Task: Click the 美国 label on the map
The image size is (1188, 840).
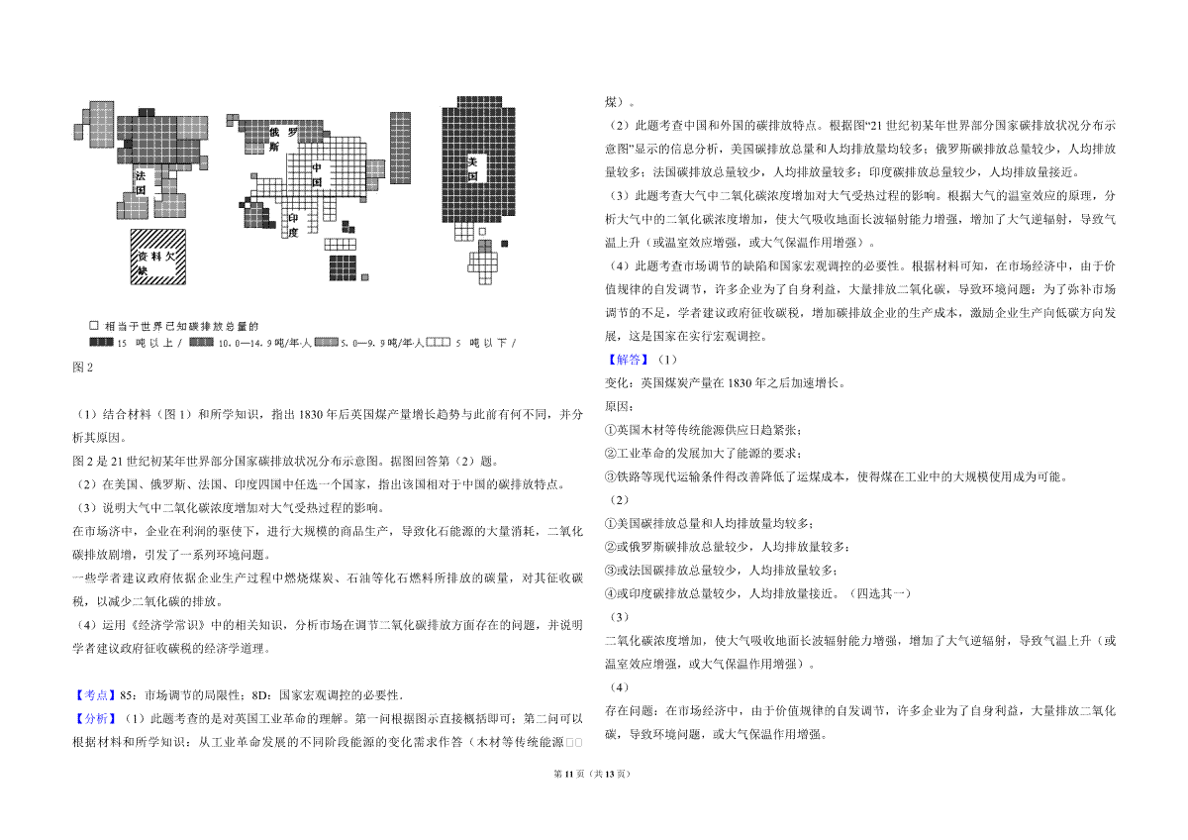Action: (x=472, y=168)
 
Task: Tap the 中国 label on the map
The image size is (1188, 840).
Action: (x=317, y=175)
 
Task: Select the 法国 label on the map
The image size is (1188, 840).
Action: (x=140, y=182)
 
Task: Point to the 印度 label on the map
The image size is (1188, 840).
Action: (x=293, y=225)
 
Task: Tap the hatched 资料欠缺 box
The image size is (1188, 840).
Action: (x=158, y=257)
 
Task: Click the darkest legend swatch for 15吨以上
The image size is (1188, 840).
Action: (x=101, y=343)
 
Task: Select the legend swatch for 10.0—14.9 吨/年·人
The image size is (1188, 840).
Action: (x=202, y=343)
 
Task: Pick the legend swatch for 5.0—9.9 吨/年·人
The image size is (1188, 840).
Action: (x=326, y=343)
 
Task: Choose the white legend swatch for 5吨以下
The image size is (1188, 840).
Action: (x=439, y=343)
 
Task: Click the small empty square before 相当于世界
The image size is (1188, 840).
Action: (x=94, y=325)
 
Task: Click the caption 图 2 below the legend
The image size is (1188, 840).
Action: (x=83, y=367)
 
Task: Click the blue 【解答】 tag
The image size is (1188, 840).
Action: (x=628, y=360)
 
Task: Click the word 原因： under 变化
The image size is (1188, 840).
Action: (x=619, y=406)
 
